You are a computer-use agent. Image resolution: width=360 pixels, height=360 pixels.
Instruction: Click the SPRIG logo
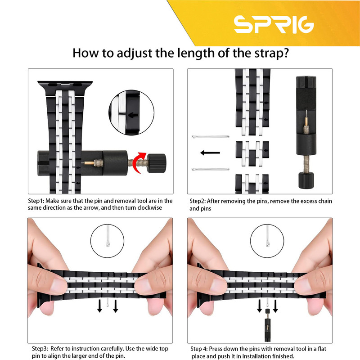coord(274,25)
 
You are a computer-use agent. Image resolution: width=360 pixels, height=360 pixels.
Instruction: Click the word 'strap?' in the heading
coord(271,53)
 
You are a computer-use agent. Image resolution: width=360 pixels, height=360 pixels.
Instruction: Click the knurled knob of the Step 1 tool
coord(156,163)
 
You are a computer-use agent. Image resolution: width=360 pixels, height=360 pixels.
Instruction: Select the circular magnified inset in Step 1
coord(131,112)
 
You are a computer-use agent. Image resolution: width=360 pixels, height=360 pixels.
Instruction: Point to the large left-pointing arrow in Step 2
coord(210,153)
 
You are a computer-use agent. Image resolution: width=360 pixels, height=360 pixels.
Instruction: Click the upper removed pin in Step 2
coord(210,137)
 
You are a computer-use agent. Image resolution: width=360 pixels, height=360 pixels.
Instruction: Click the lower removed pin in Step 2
coord(210,170)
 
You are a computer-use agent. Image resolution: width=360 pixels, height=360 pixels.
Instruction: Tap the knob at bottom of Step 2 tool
coord(306,180)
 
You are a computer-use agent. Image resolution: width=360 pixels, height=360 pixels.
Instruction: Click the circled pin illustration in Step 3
coord(108,241)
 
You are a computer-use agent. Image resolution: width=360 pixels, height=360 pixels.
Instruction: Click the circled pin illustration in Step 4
coord(267,241)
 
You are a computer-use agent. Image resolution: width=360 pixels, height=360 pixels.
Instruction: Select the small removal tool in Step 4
coord(267,325)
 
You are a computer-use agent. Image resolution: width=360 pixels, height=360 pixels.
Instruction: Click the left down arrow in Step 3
coord(99,306)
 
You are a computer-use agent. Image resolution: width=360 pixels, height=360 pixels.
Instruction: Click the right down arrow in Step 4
coord(275,306)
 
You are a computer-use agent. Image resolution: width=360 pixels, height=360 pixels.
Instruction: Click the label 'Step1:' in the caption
coord(36,201)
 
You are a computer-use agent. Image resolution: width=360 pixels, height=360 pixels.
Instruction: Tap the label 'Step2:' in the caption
coord(198,201)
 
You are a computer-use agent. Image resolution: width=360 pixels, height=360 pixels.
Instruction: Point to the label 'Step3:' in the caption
coord(40,349)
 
